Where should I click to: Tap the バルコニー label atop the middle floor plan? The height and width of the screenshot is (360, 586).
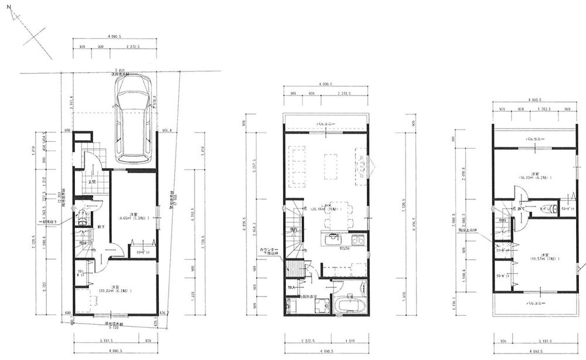tap(326, 124)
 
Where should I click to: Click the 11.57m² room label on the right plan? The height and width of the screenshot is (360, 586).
tap(540, 257)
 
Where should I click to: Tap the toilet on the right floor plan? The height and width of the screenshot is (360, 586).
tap(544, 208)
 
